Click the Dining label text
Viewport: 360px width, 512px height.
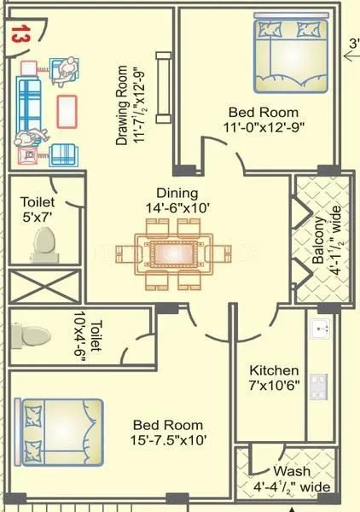click(x=177, y=193)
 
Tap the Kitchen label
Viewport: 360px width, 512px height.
click(x=273, y=370)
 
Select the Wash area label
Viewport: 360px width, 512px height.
click(x=292, y=472)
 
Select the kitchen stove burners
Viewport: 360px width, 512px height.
click(x=321, y=387)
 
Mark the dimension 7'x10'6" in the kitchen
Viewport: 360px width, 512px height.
click(x=273, y=386)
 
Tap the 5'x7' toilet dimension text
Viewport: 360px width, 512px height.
click(x=38, y=217)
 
